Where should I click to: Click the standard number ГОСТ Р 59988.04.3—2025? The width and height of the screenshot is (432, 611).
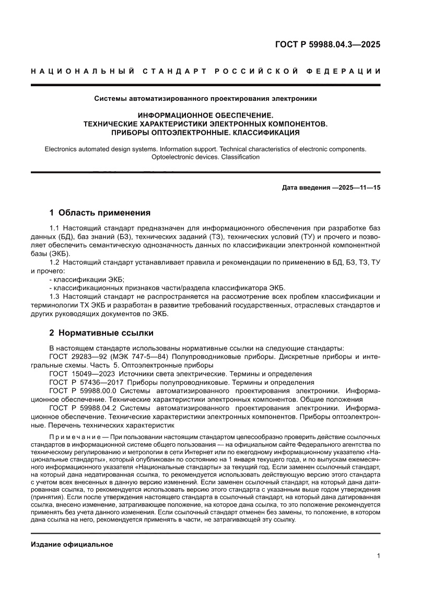click(x=327, y=44)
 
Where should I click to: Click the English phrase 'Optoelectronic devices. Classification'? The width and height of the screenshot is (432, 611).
click(x=205, y=157)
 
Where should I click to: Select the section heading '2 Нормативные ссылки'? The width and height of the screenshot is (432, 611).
click(x=101, y=332)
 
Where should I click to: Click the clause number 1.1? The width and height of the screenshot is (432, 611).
click(x=54, y=228)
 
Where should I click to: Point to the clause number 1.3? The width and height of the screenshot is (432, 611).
click(x=54, y=296)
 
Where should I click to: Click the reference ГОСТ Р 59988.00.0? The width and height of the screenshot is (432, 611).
click(x=85, y=390)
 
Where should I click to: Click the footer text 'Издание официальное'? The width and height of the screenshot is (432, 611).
click(x=72, y=545)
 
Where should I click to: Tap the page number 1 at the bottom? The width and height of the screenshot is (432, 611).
click(x=378, y=556)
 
